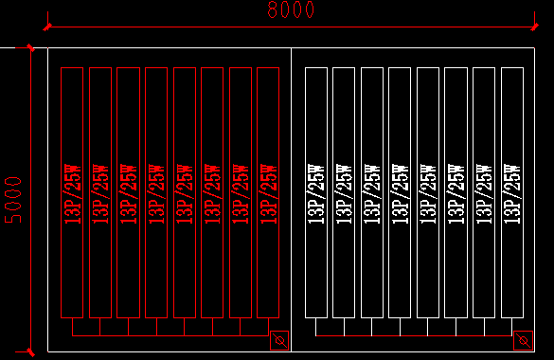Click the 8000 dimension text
pos(291,10)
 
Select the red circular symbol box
pos(278,339)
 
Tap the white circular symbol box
pos(522,339)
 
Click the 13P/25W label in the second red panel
pos(100,193)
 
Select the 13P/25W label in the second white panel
pos(344,193)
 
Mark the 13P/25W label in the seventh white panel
pos(484,193)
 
